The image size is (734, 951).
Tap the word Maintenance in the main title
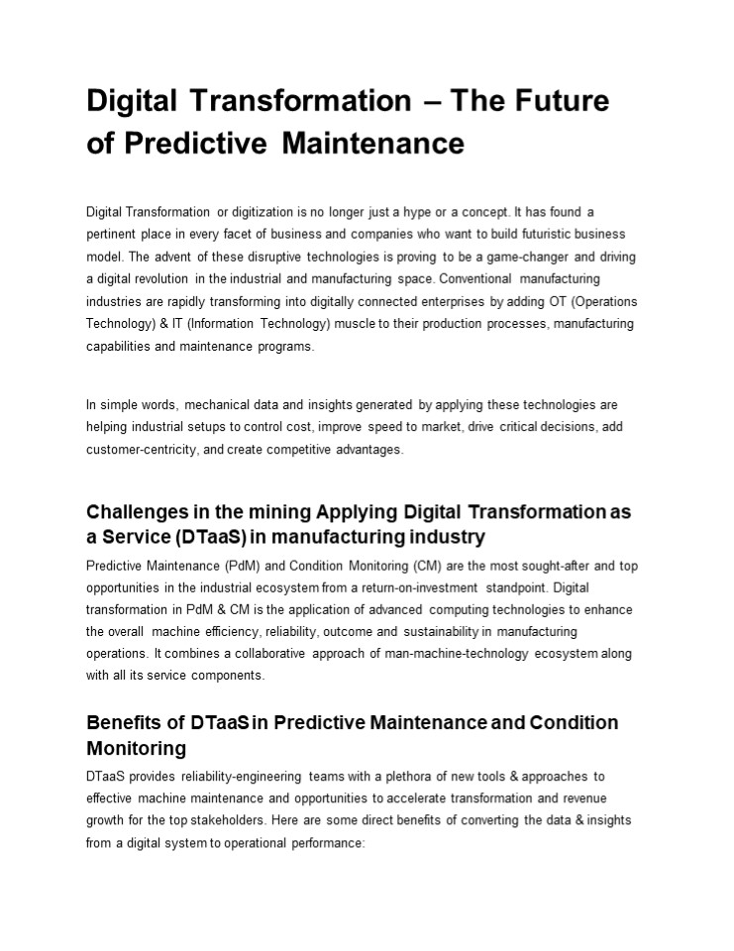372,145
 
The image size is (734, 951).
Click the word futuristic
540,234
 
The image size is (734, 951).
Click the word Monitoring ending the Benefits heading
136,747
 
